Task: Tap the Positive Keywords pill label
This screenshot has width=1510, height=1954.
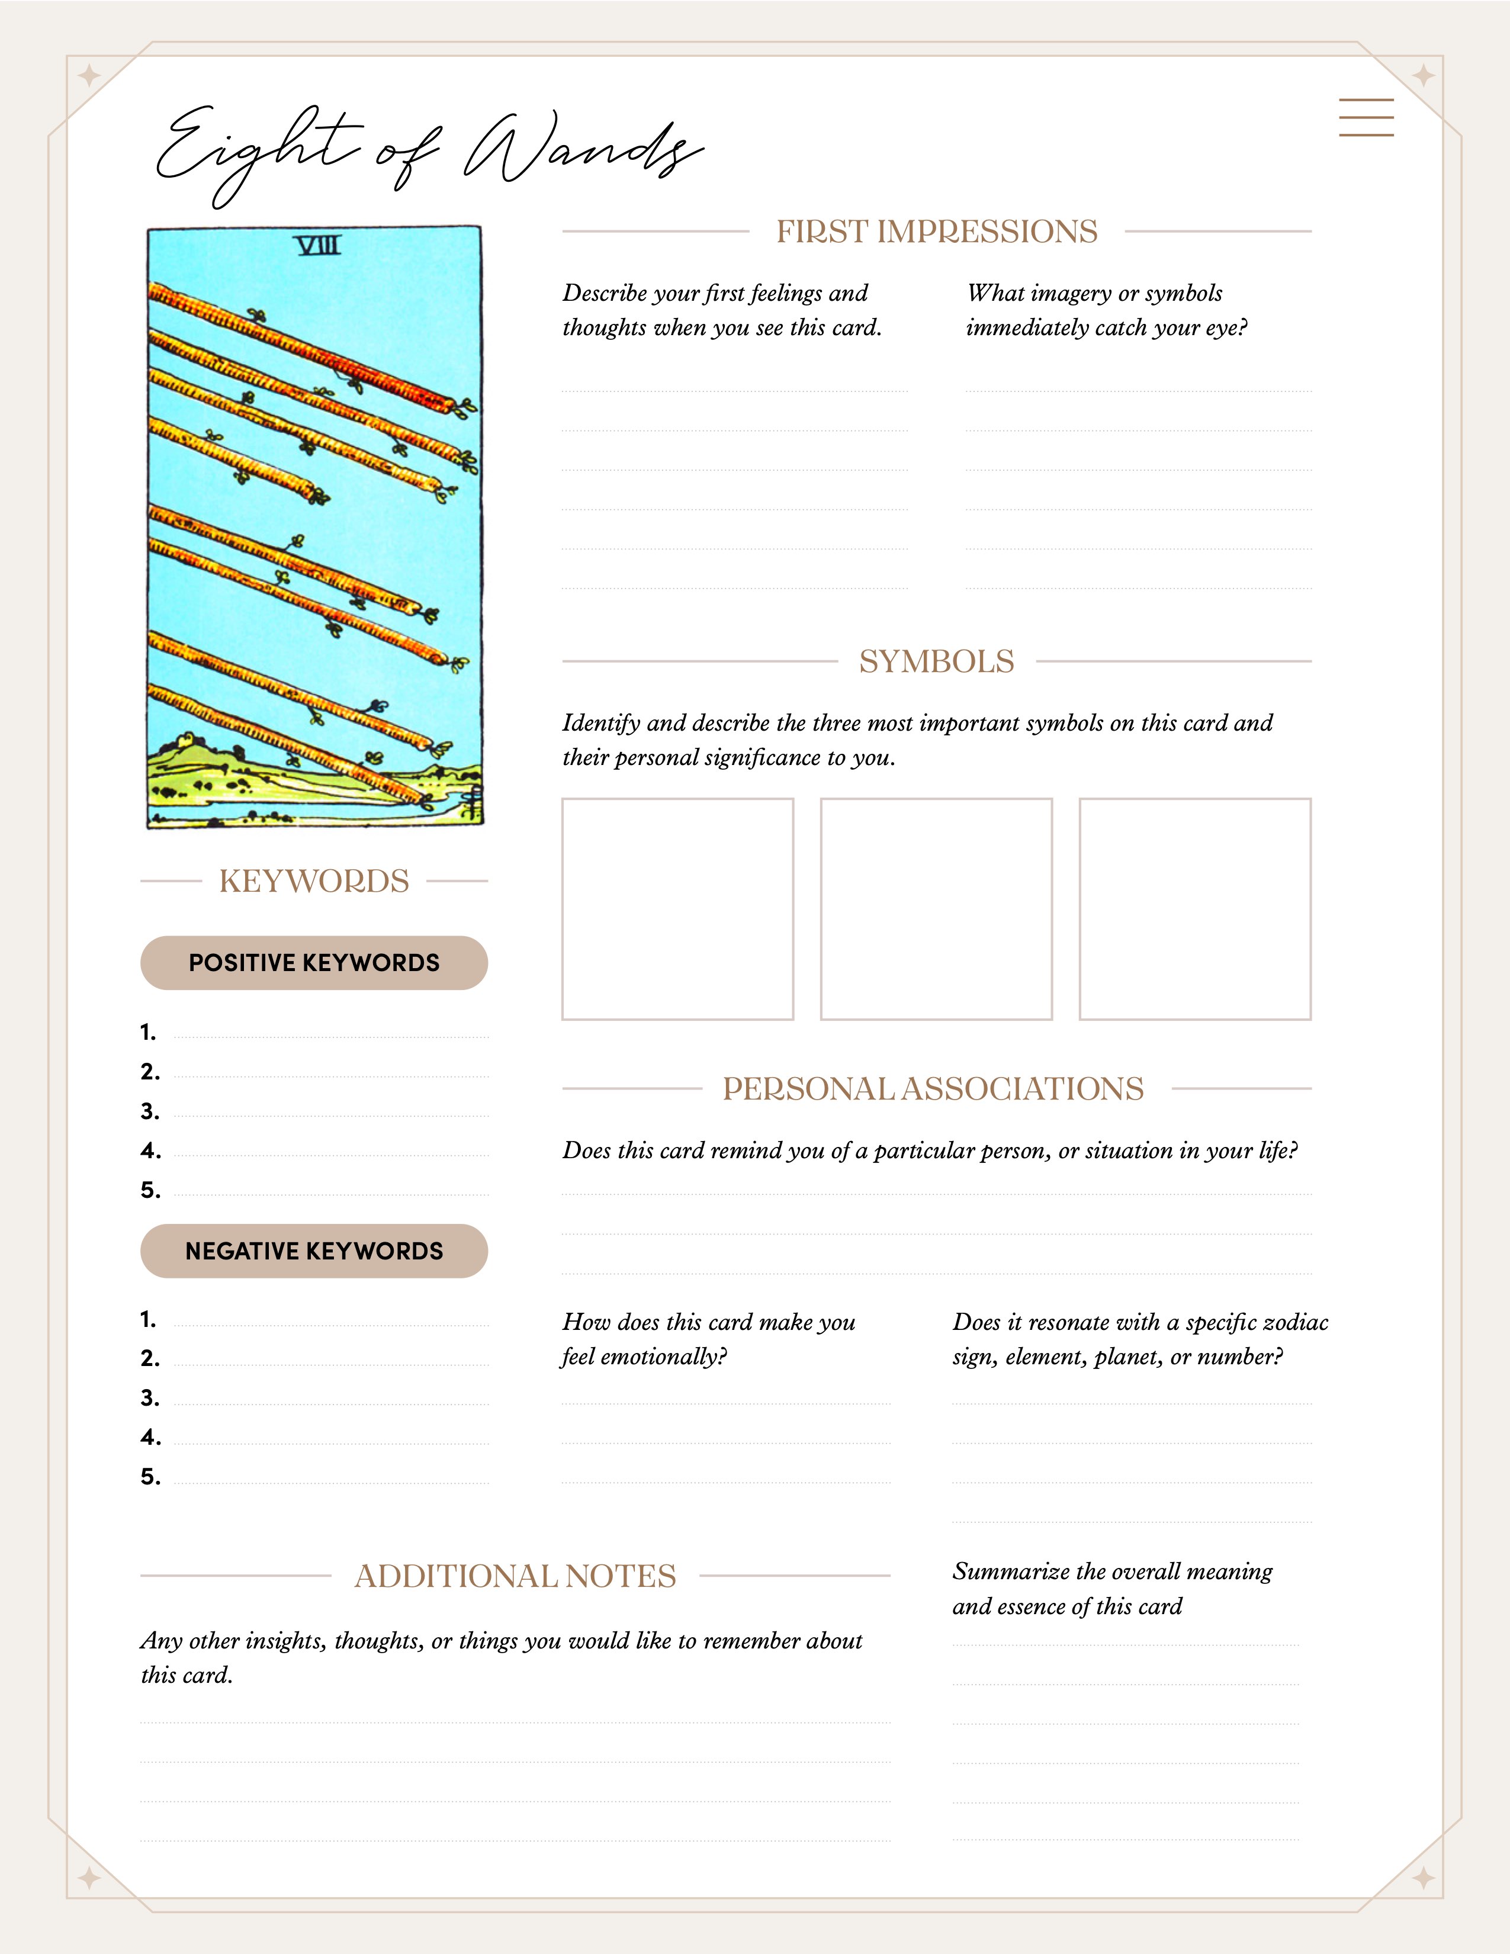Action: [314, 963]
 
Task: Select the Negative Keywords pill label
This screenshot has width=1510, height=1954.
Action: [314, 1251]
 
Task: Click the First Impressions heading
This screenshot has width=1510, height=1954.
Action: [937, 232]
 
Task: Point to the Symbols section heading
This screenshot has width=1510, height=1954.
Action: [937, 662]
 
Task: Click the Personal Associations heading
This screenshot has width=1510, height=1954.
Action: [933, 1089]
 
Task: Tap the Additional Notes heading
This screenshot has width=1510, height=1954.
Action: [515, 1576]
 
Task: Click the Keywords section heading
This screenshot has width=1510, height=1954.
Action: [314, 881]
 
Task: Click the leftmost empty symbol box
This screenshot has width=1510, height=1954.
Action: [677, 909]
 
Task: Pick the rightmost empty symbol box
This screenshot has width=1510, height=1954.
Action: [1194, 909]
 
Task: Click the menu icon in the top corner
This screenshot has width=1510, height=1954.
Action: [1366, 117]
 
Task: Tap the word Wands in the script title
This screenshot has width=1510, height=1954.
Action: [581, 147]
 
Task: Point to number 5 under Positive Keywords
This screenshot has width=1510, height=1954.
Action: [150, 1190]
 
